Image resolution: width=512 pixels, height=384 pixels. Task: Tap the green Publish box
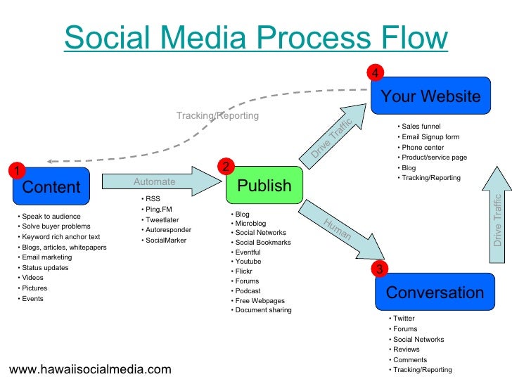click(264, 186)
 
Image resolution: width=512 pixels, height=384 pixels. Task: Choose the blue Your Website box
click(430, 96)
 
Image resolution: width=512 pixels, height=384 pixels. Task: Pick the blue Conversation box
click(435, 293)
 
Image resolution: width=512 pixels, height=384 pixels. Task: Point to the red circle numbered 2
click(225, 166)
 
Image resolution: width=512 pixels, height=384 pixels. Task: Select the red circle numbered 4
click(376, 73)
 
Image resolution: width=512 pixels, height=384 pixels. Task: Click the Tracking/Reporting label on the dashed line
click(217, 115)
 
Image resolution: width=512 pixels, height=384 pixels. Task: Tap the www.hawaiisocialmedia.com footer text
click(89, 369)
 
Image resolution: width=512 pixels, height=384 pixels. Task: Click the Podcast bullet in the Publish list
click(248, 290)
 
